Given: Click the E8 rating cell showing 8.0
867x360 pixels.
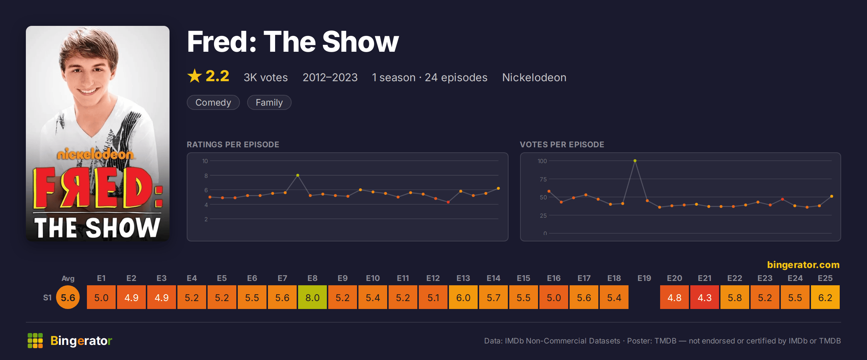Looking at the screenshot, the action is tap(312, 297).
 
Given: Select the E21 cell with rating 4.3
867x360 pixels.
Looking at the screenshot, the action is tap(705, 297).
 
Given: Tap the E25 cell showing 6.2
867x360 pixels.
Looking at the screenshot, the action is tap(825, 297).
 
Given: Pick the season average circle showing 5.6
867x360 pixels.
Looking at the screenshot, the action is tap(68, 297).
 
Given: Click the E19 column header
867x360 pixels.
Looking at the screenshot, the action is tap(644, 278).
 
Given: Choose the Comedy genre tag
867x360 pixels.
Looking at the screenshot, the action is tap(213, 102).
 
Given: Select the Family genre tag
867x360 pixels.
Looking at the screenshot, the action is tap(269, 102).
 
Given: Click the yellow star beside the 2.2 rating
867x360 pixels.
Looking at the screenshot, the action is tap(195, 76).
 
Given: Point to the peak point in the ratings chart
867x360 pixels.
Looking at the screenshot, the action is tap(298, 175).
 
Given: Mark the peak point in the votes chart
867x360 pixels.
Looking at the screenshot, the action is tap(635, 161).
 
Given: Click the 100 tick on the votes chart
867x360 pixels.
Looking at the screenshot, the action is tap(542, 161).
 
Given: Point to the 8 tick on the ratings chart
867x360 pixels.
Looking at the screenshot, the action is tap(206, 176).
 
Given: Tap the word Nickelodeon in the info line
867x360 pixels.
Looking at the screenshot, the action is tap(534, 77).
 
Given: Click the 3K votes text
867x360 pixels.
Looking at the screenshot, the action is tap(266, 77).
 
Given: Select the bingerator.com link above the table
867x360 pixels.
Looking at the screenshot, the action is tap(803, 265).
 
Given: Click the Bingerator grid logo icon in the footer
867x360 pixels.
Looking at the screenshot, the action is tap(35, 341).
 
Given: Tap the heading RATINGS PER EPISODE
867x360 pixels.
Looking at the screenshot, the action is tap(233, 144).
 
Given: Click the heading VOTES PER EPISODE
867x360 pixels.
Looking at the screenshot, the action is tap(562, 144).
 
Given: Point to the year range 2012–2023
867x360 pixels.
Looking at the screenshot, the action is tap(330, 77).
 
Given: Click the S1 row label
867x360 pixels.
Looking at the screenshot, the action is tap(47, 297).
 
